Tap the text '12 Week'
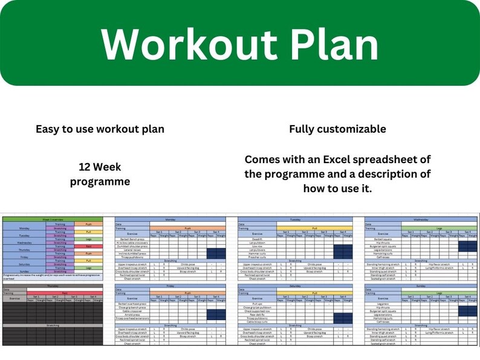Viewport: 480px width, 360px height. tap(100, 166)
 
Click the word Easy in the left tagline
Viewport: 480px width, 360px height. tap(48, 129)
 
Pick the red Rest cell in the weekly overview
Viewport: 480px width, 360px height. tap(88, 246)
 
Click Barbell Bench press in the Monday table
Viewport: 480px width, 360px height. tap(131, 239)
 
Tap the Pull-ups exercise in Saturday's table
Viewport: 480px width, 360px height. tap(257, 304)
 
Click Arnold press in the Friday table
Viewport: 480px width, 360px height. tap(131, 315)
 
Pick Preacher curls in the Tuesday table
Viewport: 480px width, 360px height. tap(257, 257)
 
